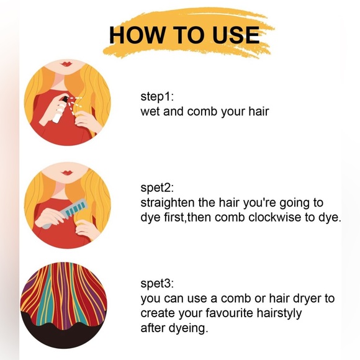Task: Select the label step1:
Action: click(157, 97)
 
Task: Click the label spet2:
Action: click(157, 188)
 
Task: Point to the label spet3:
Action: click(157, 284)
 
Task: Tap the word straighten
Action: click(168, 203)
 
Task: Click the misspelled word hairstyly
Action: click(279, 313)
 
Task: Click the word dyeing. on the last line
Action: click(188, 328)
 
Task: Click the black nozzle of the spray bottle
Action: click(65, 100)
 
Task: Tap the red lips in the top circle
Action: click(66, 63)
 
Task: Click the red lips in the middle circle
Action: click(67, 173)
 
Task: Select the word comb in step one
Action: click(202, 112)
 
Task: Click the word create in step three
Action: click(158, 313)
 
